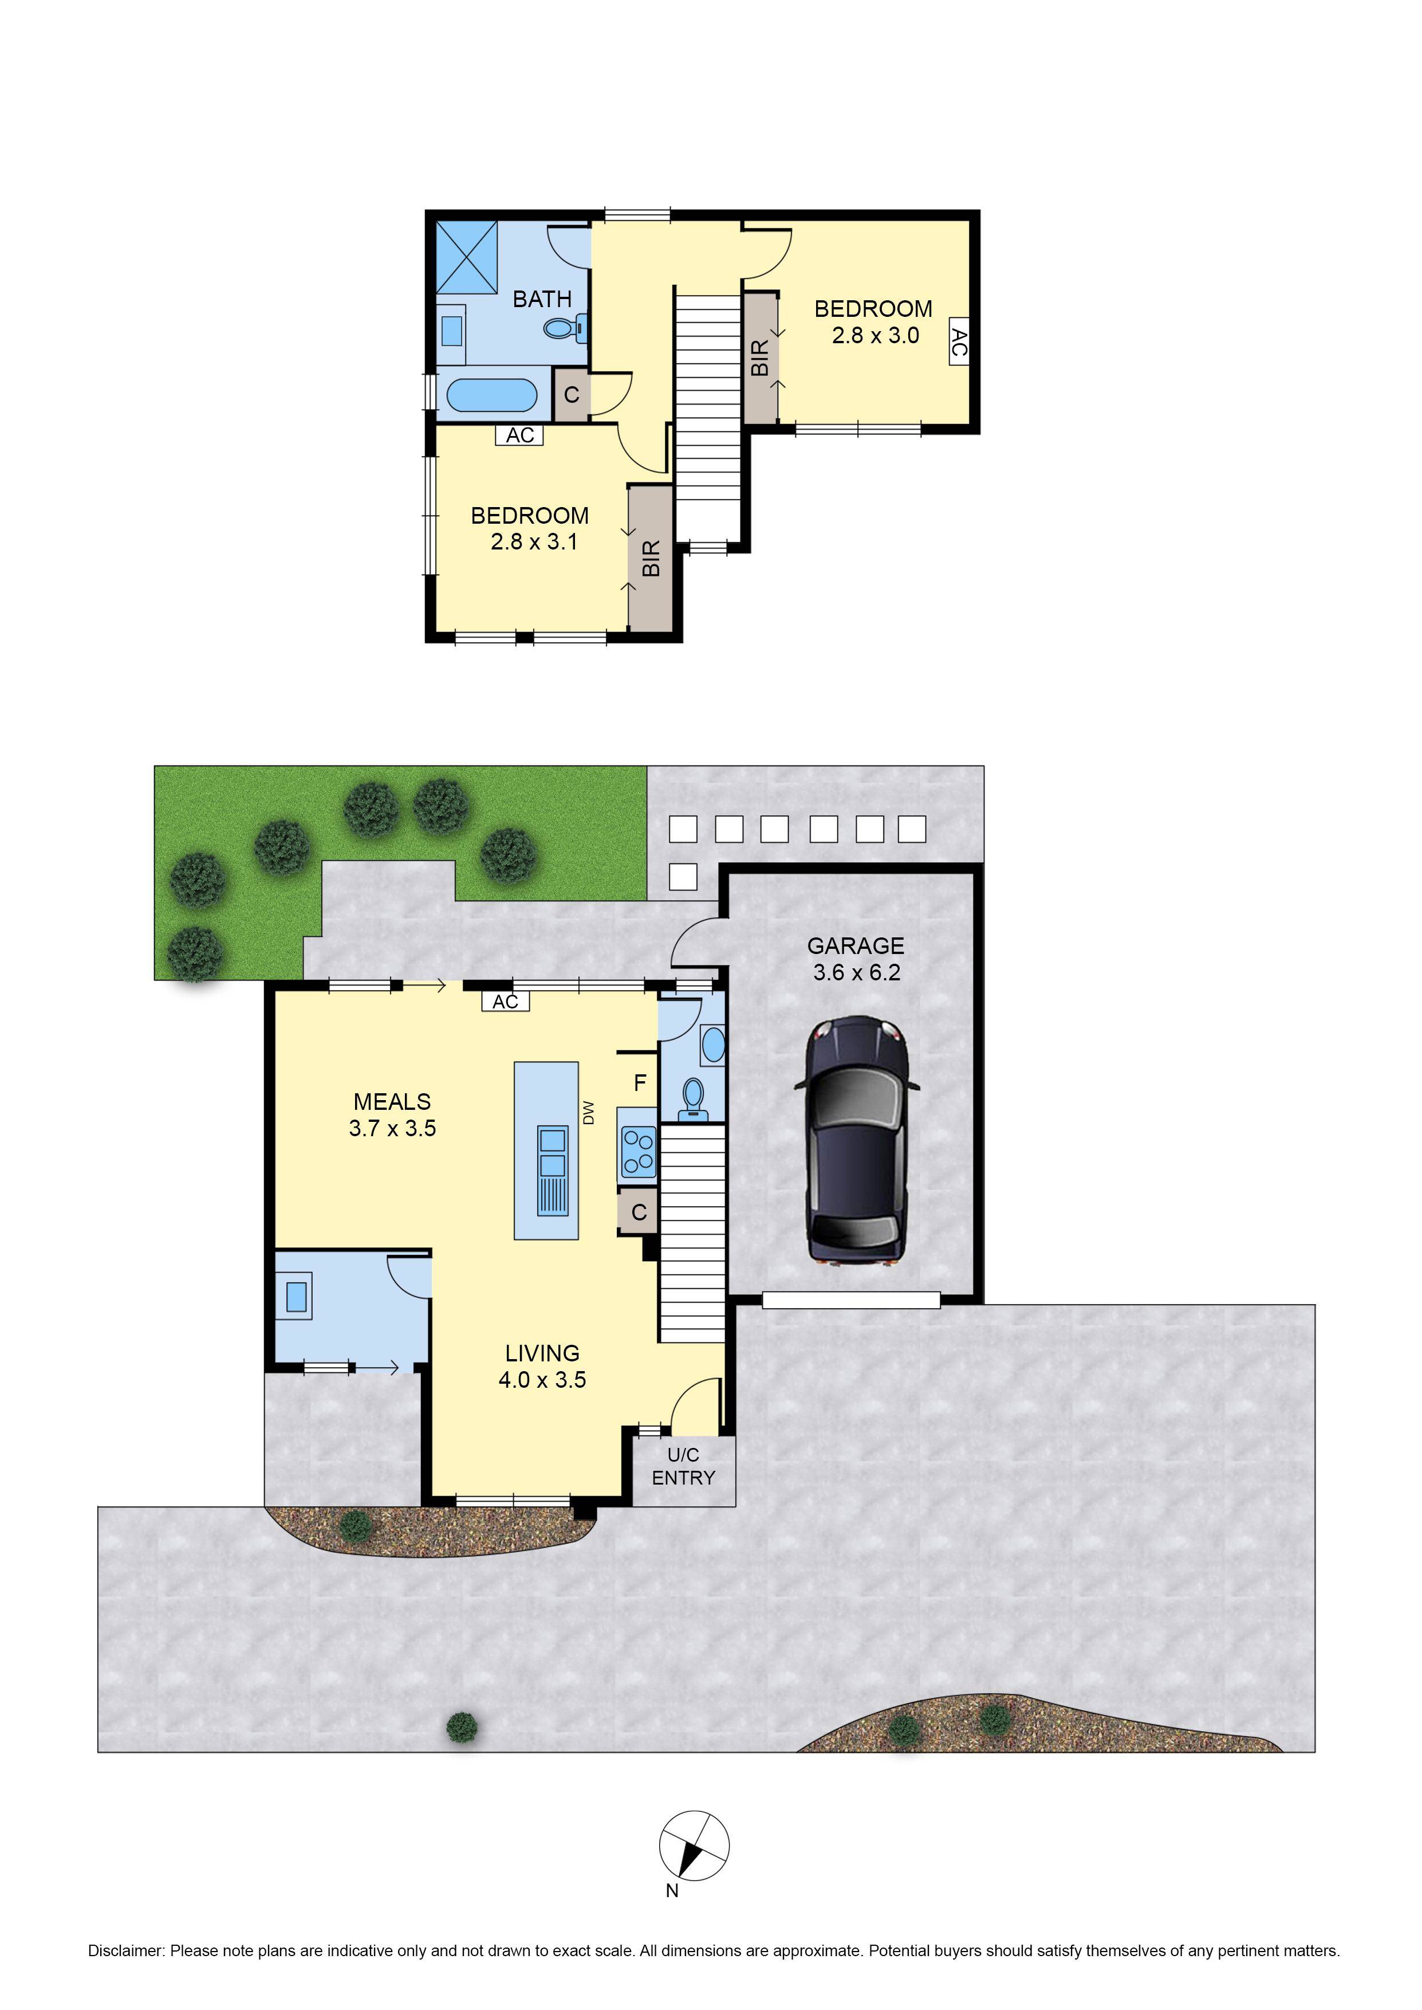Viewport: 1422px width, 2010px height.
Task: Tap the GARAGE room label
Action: tap(856, 946)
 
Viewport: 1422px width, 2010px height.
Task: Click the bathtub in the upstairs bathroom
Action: tap(491, 395)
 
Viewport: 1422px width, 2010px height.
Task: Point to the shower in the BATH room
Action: tap(467, 257)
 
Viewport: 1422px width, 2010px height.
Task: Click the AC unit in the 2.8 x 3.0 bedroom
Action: tap(959, 341)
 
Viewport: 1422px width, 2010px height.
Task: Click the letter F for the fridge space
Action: tap(640, 1083)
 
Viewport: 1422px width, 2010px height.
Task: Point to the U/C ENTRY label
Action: tap(683, 1466)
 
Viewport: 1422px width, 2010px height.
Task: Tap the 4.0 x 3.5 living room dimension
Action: tap(542, 1380)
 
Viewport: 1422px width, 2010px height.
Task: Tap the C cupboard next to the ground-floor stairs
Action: tap(639, 1212)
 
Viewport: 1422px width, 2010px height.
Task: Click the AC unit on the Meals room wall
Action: tap(505, 1001)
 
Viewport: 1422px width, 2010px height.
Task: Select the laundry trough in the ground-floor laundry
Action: tap(297, 1296)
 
